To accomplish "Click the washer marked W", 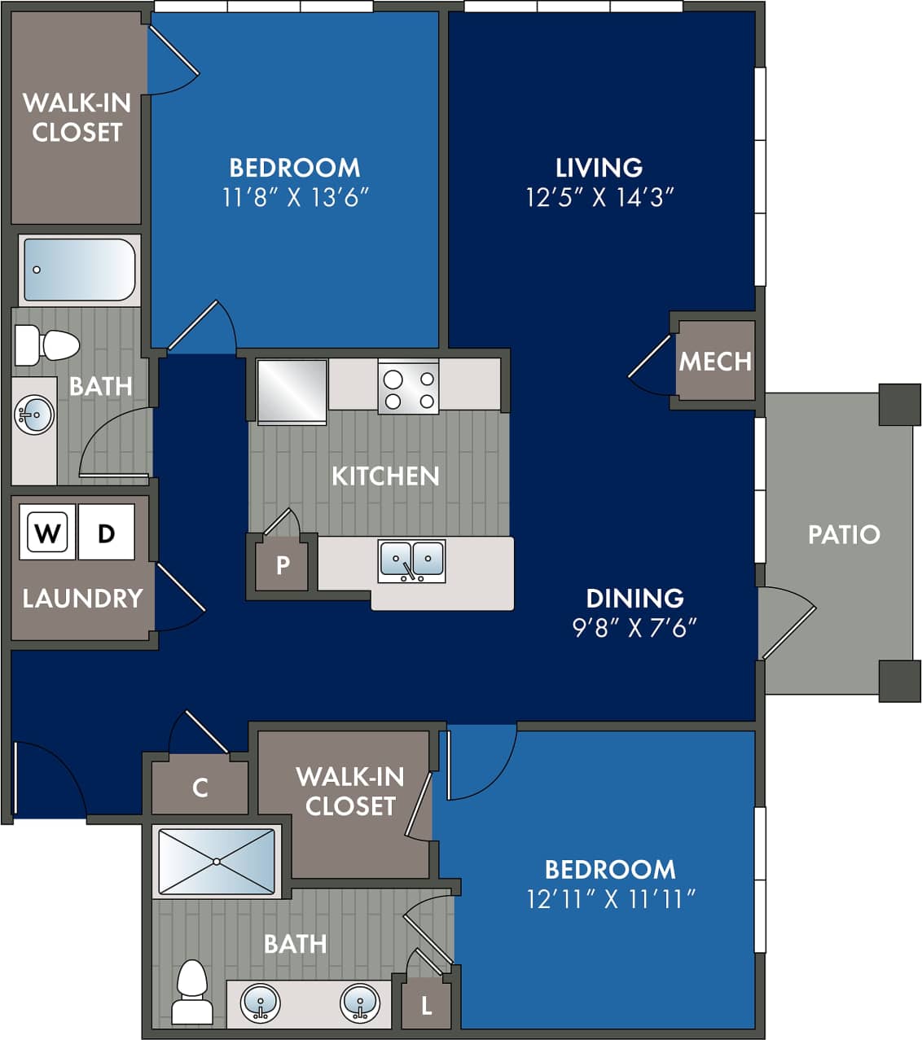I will [x=48, y=533].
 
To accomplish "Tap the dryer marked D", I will [x=107, y=533].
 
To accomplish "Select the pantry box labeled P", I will [x=283, y=564].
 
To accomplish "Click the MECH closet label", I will [x=715, y=361].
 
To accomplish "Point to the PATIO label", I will [x=844, y=534].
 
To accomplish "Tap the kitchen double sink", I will [x=411, y=561].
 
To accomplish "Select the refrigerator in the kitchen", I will [x=292, y=391].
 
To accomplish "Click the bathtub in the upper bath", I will [x=79, y=270].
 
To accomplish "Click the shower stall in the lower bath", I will [x=217, y=862].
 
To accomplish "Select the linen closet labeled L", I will [x=426, y=1006].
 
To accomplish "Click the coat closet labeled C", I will [x=200, y=788].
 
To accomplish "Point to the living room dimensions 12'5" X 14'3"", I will [x=600, y=197].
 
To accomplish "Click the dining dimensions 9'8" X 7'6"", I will [x=635, y=627].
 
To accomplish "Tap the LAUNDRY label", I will [x=82, y=599].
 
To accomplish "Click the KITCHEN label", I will [x=385, y=476].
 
